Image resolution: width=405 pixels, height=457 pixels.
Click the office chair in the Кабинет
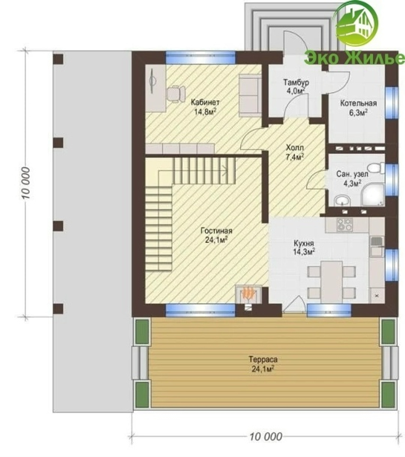[x=175, y=93]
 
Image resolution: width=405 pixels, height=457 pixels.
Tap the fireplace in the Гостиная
[x=248, y=294]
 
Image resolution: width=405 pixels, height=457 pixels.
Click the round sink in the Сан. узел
[x=343, y=201]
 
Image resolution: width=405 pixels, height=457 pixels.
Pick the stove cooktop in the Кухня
[x=345, y=225]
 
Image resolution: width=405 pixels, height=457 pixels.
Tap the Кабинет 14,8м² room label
[x=205, y=107]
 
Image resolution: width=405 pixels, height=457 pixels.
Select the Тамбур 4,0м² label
[x=296, y=87]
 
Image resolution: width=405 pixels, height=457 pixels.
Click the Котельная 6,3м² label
[x=358, y=108]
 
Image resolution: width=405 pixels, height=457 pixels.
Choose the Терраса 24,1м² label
[x=263, y=364]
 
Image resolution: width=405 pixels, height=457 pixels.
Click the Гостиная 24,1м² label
[x=217, y=235]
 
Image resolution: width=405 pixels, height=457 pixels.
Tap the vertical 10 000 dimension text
[x=26, y=183]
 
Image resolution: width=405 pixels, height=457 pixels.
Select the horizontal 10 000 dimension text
[x=266, y=436]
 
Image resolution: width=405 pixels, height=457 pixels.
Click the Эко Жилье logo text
[x=354, y=58]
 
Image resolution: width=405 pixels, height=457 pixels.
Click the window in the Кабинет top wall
[x=200, y=57]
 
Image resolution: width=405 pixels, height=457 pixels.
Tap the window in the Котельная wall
[x=392, y=103]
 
